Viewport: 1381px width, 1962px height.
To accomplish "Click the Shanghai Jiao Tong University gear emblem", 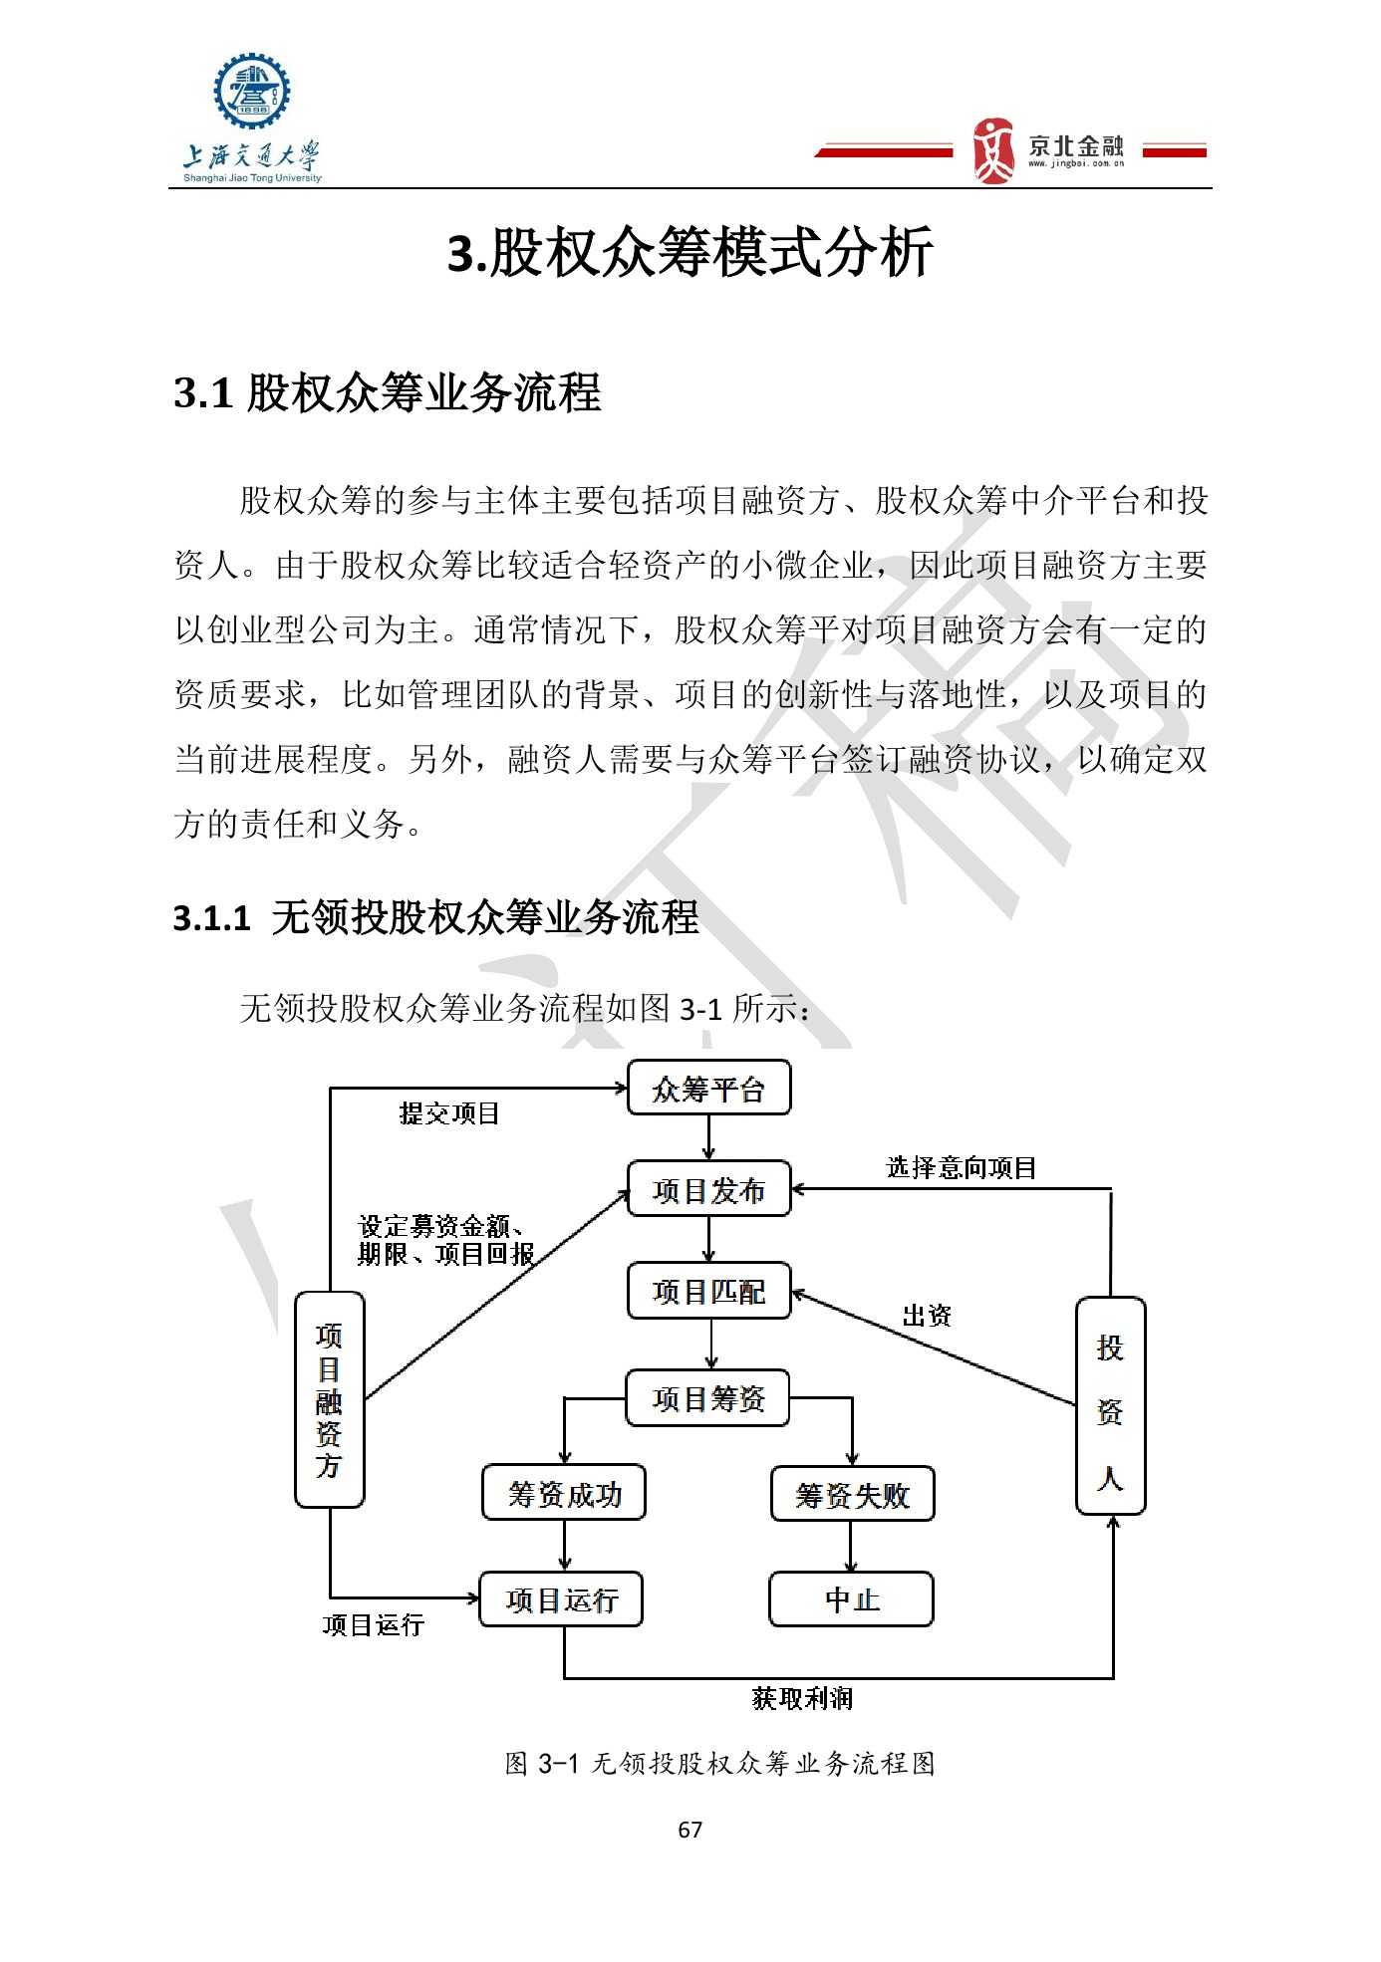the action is click(x=252, y=91).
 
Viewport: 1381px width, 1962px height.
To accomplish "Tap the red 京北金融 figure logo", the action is click(x=992, y=150).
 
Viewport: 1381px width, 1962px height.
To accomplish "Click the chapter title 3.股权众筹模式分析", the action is click(x=690, y=251).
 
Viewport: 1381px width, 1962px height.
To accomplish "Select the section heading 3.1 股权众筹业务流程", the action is click(x=388, y=392).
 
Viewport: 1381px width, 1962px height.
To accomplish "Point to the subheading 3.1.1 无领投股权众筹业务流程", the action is click(x=436, y=917).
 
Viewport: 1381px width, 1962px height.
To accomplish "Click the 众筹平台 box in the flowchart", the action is click(x=708, y=1088).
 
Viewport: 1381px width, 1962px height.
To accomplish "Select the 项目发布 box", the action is click(x=708, y=1189).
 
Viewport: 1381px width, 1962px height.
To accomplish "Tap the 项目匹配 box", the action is click(x=708, y=1291).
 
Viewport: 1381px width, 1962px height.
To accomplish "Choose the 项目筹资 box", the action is click(x=707, y=1398).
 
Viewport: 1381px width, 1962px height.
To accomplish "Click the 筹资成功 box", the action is click(x=564, y=1493).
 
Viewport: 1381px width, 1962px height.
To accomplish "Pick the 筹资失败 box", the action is click(x=853, y=1494).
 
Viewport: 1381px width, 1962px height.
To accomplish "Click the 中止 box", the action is click(x=852, y=1599).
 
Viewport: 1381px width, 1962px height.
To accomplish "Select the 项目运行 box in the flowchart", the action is click(x=561, y=1599).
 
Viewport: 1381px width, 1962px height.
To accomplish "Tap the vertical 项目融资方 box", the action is click(x=330, y=1399).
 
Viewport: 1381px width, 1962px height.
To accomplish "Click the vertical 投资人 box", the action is click(x=1111, y=1405).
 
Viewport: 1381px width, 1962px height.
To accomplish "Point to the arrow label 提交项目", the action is click(x=449, y=1113).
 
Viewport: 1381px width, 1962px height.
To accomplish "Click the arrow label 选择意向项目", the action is click(x=962, y=1167).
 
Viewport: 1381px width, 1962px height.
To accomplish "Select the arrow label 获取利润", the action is click(x=802, y=1698).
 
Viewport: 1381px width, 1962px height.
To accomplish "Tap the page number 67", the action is click(x=690, y=1830).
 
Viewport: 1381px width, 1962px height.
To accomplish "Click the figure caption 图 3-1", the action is click(x=720, y=1764).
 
